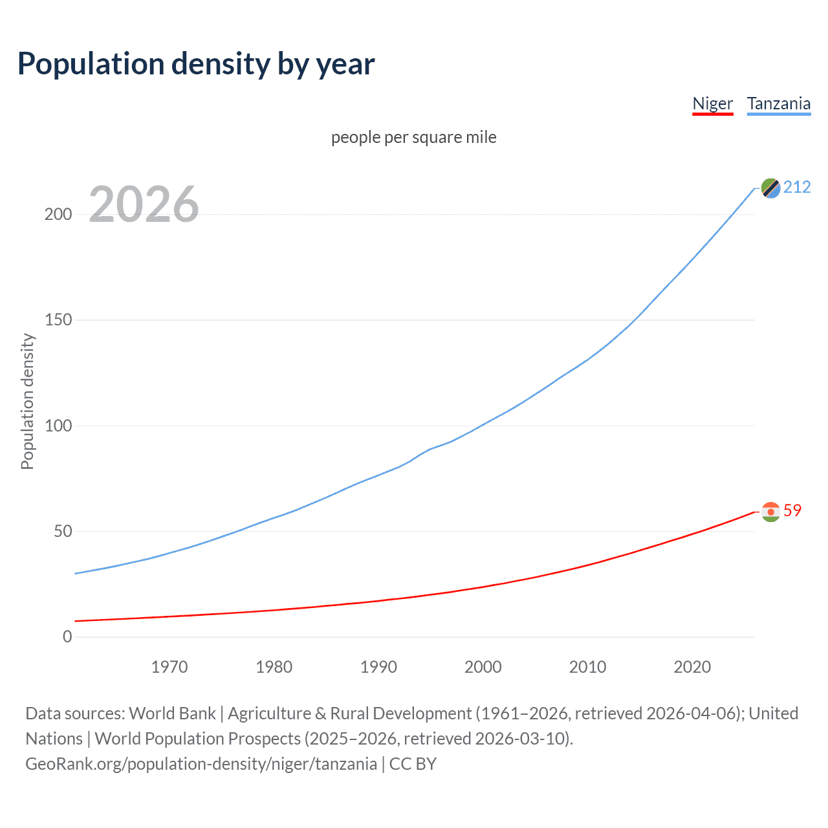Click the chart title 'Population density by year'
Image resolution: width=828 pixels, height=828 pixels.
pos(196,64)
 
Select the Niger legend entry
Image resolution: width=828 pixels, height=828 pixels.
pos(712,103)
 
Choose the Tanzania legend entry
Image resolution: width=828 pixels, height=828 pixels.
pos(778,103)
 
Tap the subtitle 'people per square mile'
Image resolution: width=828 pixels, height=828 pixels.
pos(413,137)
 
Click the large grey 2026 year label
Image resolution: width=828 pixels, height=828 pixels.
pos(144,204)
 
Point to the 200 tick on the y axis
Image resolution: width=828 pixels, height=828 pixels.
pos(58,214)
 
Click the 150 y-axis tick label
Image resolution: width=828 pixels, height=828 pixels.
pos(58,320)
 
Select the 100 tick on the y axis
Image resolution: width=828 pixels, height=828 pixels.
pos(58,426)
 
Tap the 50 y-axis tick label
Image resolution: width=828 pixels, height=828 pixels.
pos(63,531)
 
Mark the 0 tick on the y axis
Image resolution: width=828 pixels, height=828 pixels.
pos(67,637)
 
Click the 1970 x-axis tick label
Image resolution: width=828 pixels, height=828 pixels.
pos(169,667)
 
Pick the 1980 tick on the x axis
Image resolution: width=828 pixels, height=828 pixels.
pos(274,667)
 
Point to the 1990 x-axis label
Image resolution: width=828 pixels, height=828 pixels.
pos(378,667)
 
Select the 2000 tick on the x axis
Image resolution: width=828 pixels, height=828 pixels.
pos(483,667)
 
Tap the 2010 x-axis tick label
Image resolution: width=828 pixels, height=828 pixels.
pos(587,667)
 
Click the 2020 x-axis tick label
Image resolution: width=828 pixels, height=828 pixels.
pos(692,667)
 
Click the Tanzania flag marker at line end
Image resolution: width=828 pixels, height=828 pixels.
pos(770,188)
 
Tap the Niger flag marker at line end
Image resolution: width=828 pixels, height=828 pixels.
pos(770,512)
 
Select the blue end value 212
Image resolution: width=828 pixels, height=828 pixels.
pos(797,187)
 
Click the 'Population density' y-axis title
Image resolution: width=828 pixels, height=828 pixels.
pos(27,401)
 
